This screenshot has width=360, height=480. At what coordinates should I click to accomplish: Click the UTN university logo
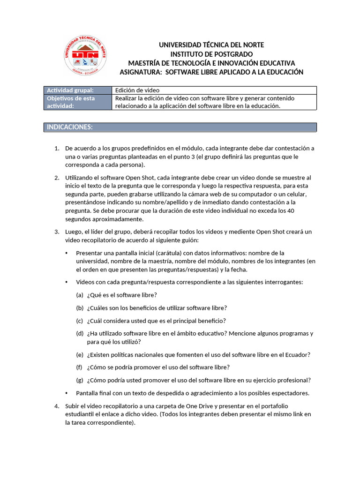pos(85,58)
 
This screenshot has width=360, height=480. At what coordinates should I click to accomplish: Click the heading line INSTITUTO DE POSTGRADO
pos(211,54)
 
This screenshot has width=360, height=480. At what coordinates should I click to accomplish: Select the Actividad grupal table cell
pos(77,90)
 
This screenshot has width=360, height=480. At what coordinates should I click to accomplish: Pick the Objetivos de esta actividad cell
pos(77,102)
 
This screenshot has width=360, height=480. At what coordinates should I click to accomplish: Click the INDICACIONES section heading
pos(69,127)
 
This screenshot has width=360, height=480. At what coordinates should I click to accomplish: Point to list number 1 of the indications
pos(57,149)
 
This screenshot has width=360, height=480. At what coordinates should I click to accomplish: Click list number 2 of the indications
pos(57,178)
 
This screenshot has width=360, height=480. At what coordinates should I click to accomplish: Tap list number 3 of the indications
pos(57,232)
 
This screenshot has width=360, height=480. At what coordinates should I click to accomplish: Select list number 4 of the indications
pos(57,406)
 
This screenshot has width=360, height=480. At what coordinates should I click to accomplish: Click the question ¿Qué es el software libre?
pos(122,295)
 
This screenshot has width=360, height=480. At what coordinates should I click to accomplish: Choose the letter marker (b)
pos(80,308)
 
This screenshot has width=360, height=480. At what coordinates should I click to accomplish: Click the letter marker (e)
pos(80,355)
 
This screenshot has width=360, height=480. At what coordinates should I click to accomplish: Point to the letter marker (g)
pos(80,380)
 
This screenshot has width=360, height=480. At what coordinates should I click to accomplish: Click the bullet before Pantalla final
pos(67,393)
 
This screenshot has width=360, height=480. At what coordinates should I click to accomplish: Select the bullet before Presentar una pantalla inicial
pos(67,253)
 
